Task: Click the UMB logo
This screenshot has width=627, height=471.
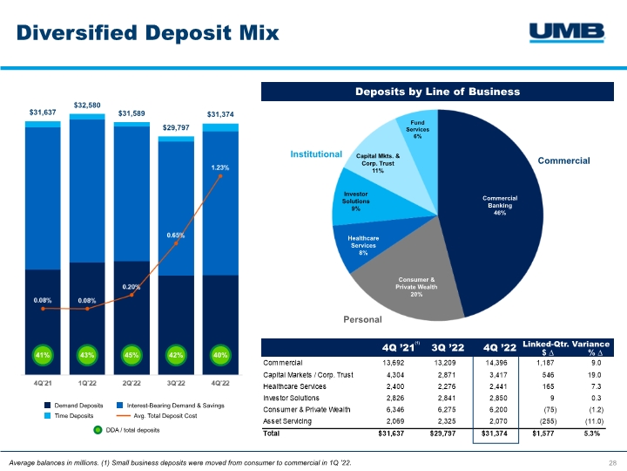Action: (567, 32)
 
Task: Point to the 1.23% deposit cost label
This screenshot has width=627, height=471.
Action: (221, 167)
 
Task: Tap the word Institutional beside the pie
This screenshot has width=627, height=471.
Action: (314, 154)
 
